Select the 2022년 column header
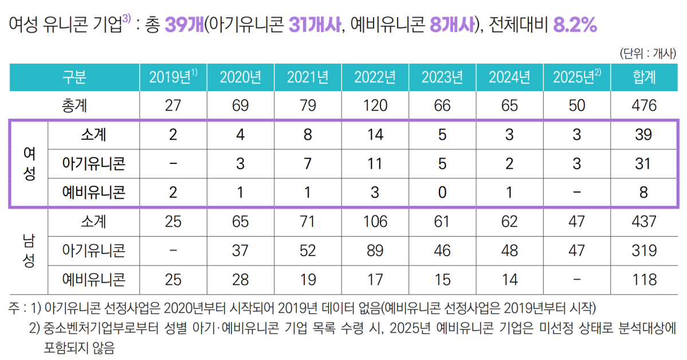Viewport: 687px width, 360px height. [x=375, y=77]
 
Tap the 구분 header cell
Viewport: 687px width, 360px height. [x=74, y=77]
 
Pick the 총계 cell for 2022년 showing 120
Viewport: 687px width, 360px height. [x=375, y=106]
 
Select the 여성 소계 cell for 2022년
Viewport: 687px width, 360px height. [x=375, y=135]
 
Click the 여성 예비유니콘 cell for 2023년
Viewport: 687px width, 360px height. [x=442, y=193]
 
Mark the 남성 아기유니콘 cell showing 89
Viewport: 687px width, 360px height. [x=375, y=250]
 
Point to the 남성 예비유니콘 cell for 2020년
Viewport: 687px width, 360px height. [x=240, y=279]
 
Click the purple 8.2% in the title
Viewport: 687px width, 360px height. [x=576, y=25]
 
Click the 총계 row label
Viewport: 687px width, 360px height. [x=74, y=106]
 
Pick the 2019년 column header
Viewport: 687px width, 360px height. [x=173, y=77]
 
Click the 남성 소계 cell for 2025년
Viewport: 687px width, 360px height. [x=577, y=221]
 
